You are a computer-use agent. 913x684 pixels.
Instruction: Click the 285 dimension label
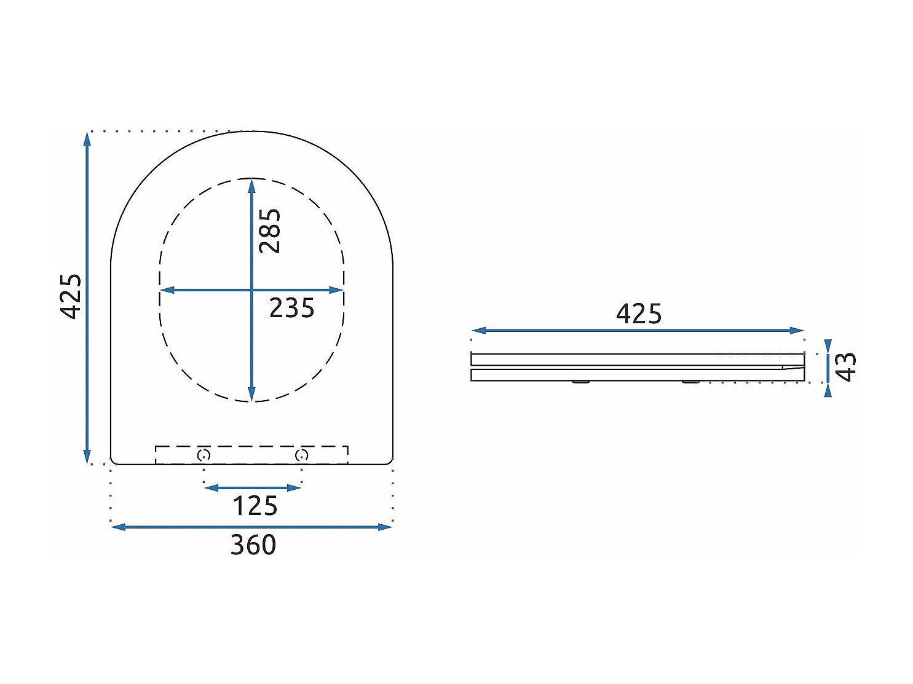269,231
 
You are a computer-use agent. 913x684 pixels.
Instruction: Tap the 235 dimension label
291,308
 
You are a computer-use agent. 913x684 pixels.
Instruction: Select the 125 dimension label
255,506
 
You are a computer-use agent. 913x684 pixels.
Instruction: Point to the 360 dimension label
253,545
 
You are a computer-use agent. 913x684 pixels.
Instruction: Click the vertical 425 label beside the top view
70,296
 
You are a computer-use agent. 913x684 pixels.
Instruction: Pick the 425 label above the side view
638,314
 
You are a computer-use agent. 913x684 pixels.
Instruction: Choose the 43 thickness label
845,367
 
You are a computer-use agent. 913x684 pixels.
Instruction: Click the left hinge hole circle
204,455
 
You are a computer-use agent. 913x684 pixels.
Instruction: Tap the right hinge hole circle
301,455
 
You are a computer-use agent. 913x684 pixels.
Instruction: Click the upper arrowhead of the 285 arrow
251,185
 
